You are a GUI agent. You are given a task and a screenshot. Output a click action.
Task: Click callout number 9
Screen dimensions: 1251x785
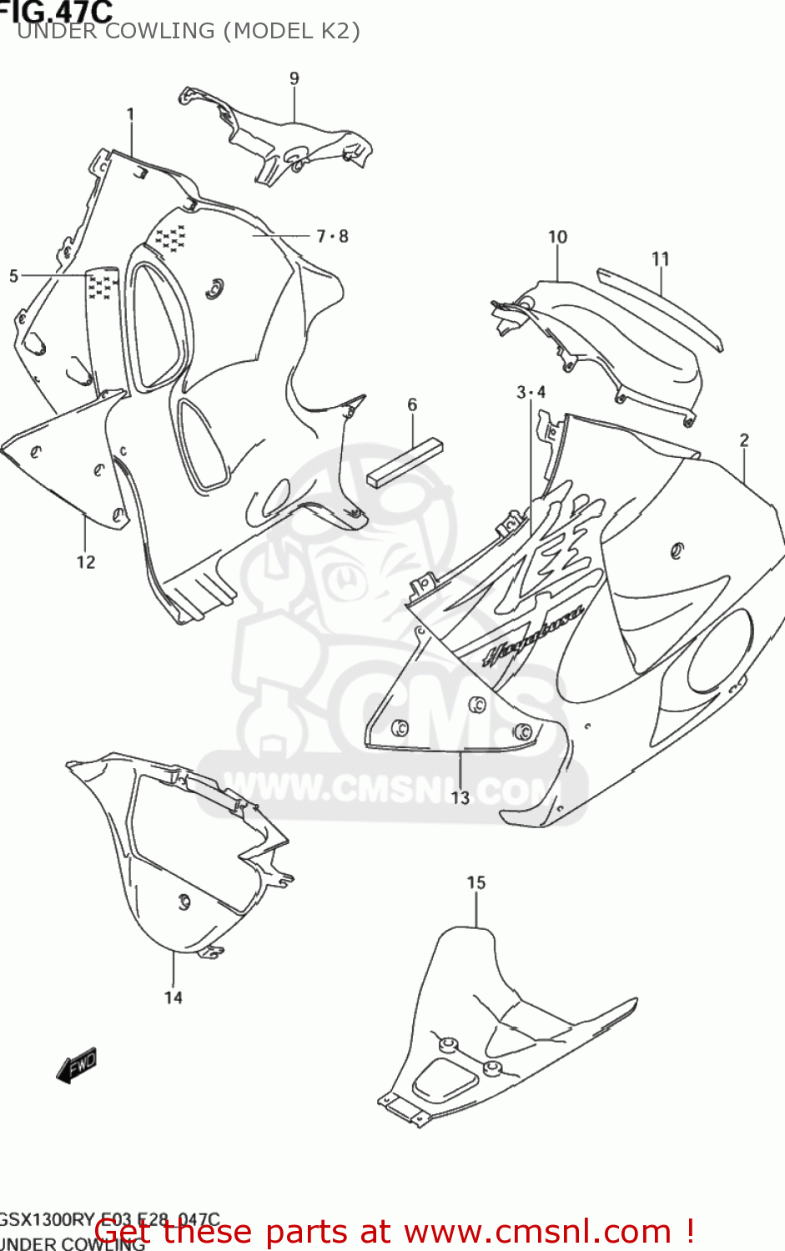(x=294, y=78)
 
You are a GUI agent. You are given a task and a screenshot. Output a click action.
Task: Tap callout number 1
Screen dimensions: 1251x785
(x=130, y=114)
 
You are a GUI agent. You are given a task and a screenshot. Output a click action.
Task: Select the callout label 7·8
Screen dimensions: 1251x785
(x=332, y=237)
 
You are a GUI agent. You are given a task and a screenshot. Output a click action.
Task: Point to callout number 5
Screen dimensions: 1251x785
(x=13, y=276)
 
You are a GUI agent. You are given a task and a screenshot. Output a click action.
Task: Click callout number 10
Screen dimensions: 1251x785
(x=557, y=238)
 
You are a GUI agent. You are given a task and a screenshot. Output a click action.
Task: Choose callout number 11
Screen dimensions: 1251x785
(x=661, y=259)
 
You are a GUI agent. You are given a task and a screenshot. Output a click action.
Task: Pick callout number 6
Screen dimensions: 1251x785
(x=412, y=404)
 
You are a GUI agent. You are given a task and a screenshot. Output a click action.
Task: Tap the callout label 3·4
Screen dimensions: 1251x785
(x=531, y=392)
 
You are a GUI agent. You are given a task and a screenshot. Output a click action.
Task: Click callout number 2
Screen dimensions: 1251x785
(x=744, y=440)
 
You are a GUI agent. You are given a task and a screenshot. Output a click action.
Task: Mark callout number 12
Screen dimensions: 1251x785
(x=86, y=562)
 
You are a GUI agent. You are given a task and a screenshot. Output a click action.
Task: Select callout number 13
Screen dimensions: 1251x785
(x=460, y=798)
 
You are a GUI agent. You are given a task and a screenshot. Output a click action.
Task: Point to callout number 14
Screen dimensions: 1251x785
(x=173, y=997)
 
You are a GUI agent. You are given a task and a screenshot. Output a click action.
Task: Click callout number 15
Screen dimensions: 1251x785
(x=476, y=882)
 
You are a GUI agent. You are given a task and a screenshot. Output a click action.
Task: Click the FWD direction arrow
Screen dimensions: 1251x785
(x=77, y=1066)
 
